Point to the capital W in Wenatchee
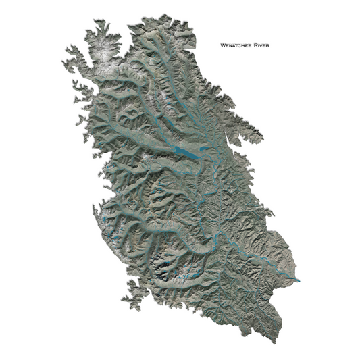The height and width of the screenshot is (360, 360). click(x=223, y=45)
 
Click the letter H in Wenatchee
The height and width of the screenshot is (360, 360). click(x=243, y=45)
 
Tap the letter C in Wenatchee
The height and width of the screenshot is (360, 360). click(x=239, y=45)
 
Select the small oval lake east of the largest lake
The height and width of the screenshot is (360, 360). click(x=204, y=149)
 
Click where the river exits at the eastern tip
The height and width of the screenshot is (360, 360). click(x=298, y=278)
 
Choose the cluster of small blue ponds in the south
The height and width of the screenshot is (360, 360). click(x=192, y=274)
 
